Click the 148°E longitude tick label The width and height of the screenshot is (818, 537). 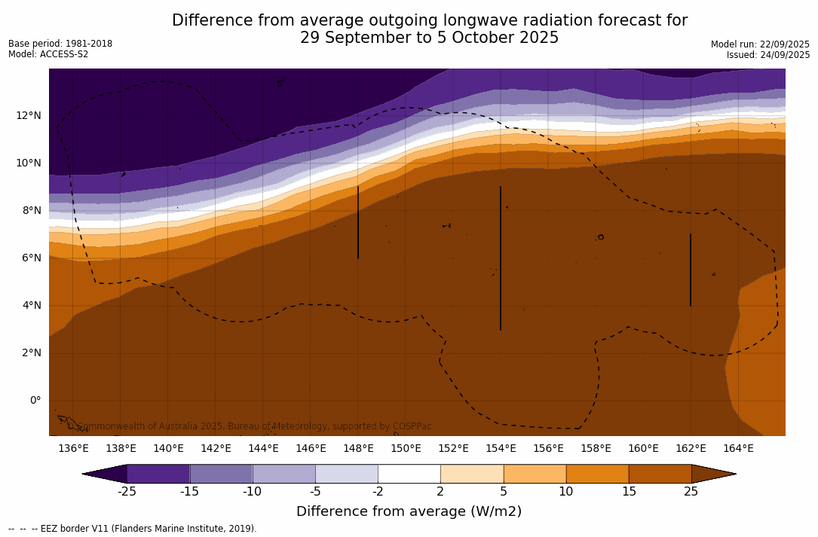pyautogui.click(x=358, y=448)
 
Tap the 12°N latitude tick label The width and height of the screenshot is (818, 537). pyautogui.click(x=29, y=115)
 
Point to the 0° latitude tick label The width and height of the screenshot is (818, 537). pyautogui.click(x=35, y=400)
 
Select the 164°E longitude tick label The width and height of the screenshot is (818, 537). pyautogui.click(x=738, y=448)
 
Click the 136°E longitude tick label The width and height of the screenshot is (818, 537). pyautogui.click(x=73, y=448)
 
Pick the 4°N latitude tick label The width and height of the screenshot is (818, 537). pyautogui.click(x=32, y=305)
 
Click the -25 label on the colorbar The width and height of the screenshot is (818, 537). pyautogui.click(x=127, y=492)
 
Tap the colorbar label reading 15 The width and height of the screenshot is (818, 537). pyautogui.click(x=629, y=492)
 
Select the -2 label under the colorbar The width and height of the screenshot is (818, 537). pyautogui.click(x=378, y=492)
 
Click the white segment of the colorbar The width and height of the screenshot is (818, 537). pyautogui.click(x=409, y=474)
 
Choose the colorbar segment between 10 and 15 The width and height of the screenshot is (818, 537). pyautogui.click(x=597, y=474)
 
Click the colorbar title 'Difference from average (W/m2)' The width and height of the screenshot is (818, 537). pyautogui.click(x=409, y=512)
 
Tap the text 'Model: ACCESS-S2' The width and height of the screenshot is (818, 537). pyautogui.click(x=48, y=54)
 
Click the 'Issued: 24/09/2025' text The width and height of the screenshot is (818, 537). pyautogui.click(x=768, y=55)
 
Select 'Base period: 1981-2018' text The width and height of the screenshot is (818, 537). pyautogui.click(x=60, y=44)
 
